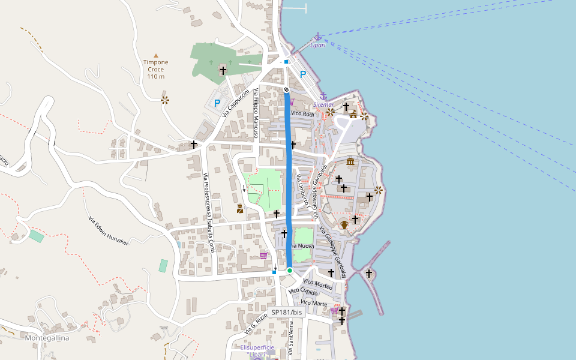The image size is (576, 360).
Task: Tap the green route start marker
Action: click(289, 271)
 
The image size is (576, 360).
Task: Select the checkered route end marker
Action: click(287, 89)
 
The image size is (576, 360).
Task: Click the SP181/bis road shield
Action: click(287, 312)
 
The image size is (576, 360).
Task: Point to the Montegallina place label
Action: click(47, 338)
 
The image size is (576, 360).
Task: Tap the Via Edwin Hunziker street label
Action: click(109, 231)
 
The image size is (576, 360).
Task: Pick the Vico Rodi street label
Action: click(302, 113)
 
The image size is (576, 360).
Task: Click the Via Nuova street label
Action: click(302, 246)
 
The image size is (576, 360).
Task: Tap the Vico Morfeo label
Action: click(317, 284)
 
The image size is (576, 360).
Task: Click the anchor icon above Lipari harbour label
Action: click(318, 37)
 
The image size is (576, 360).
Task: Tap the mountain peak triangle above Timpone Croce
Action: click(156, 55)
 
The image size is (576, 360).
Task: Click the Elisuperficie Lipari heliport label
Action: click(257, 351)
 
